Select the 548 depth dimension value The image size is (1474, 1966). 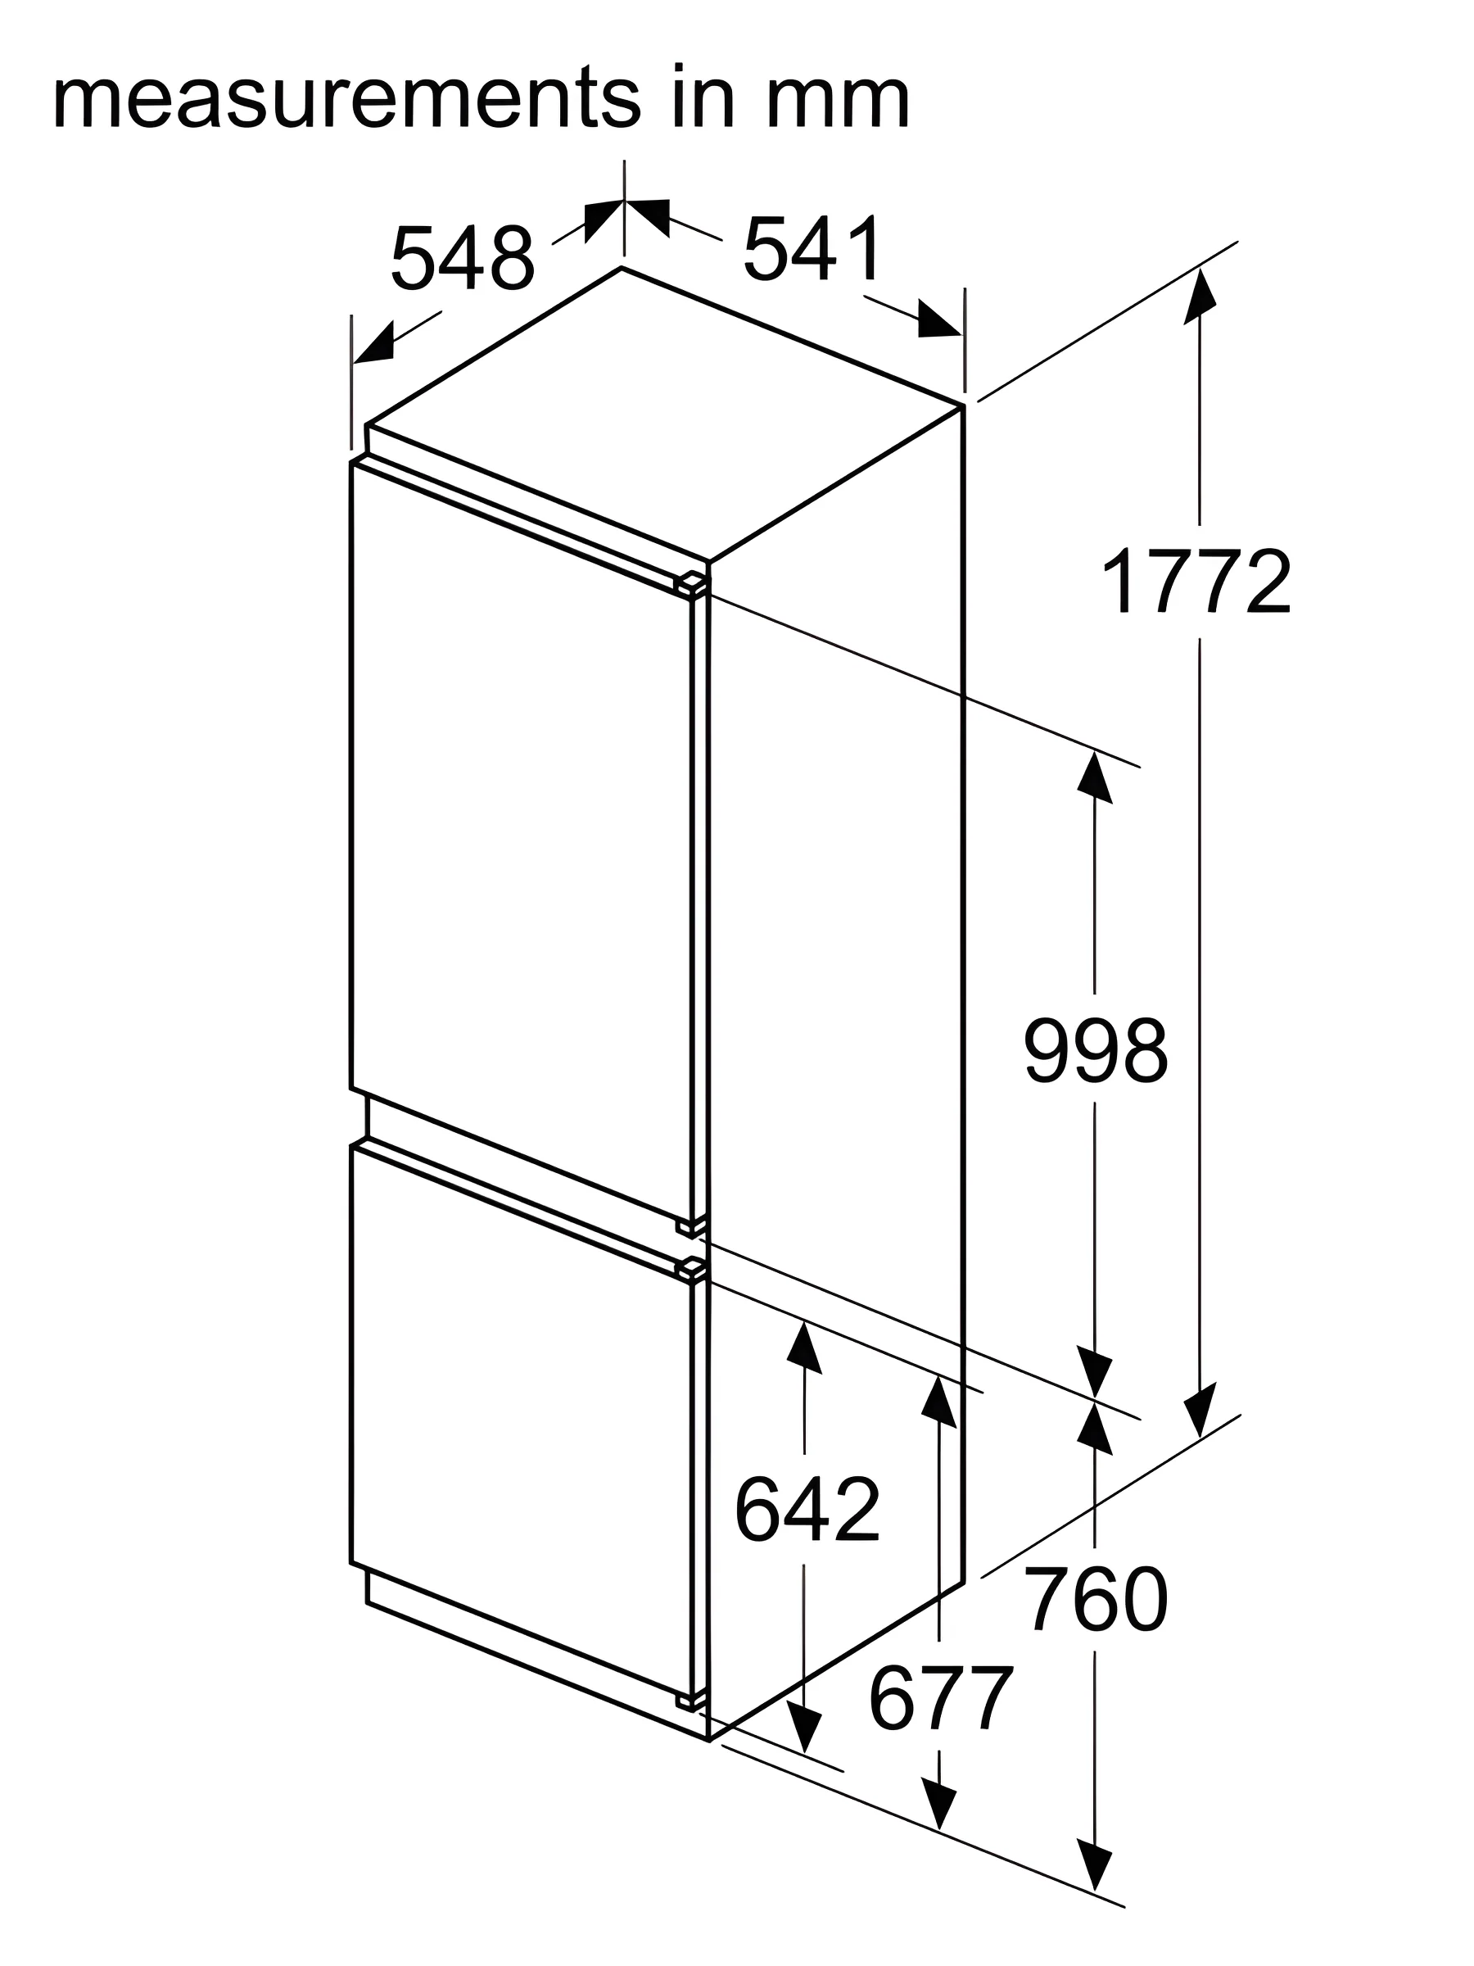[x=463, y=259]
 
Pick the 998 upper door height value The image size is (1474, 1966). [x=1096, y=1050]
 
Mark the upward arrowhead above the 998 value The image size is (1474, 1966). [x=1094, y=777]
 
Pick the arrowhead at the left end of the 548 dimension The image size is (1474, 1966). [x=374, y=344]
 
